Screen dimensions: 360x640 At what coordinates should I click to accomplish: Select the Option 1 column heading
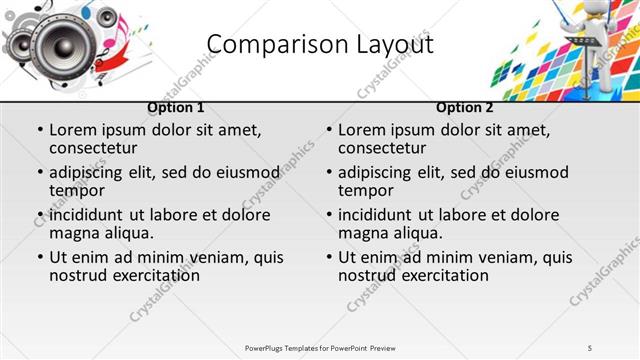pyautogui.click(x=176, y=107)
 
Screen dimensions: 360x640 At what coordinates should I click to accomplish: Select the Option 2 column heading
pyautogui.click(x=465, y=107)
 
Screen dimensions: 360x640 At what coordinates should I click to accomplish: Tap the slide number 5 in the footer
pyautogui.click(x=590, y=347)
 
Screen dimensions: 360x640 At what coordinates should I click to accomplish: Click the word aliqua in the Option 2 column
pyautogui.click(x=418, y=233)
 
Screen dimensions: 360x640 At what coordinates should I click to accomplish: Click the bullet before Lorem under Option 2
pyautogui.click(x=328, y=130)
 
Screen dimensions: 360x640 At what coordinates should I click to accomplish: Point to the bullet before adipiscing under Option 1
pyautogui.click(x=40, y=172)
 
